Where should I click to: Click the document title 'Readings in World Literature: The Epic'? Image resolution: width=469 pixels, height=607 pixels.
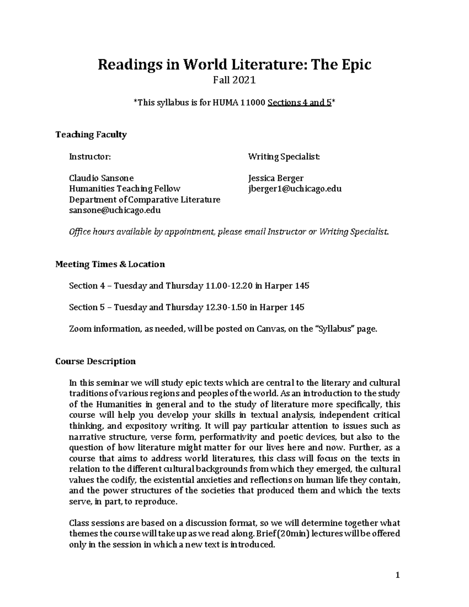pyautogui.click(x=234, y=64)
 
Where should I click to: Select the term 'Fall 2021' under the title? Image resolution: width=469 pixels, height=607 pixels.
pyautogui.click(x=234, y=81)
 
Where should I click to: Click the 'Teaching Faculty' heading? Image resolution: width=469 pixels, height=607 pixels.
pyautogui.click(x=91, y=135)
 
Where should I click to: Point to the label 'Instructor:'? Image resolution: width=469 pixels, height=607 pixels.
pyautogui.click(x=90, y=157)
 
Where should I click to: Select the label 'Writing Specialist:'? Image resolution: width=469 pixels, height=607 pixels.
pyautogui.click(x=284, y=157)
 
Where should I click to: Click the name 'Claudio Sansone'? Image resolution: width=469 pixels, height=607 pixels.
pyautogui.click(x=101, y=178)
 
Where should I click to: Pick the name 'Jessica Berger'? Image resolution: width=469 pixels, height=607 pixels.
pyautogui.click(x=276, y=178)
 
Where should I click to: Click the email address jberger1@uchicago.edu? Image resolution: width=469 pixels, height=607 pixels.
pyautogui.click(x=295, y=189)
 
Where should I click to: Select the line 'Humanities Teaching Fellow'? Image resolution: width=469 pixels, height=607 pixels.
pyautogui.click(x=124, y=189)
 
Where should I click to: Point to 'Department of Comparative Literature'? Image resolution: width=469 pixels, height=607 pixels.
pyautogui.click(x=145, y=200)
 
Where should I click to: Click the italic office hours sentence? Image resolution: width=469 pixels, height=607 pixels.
pyautogui.click(x=229, y=232)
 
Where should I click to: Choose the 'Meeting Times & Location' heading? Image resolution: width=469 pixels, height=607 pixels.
pyautogui.click(x=110, y=264)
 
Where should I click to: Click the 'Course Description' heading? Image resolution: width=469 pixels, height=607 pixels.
pyautogui.click(x=95, y=361)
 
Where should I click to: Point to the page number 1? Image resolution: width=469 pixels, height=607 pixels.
pyautogui.click(x=397, y=575)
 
